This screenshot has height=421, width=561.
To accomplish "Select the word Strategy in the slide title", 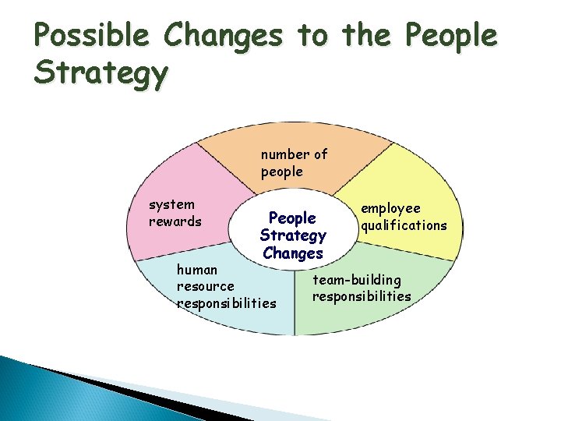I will pos(101,75).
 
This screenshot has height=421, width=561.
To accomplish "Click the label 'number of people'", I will pos(294,163).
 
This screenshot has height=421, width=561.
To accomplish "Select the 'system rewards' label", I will pos(175,213).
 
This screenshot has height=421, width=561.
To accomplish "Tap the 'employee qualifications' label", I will pos(403,217).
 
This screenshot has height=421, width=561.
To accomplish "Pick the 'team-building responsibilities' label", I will pos(362,288).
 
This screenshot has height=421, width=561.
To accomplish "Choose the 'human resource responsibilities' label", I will pos(226,286).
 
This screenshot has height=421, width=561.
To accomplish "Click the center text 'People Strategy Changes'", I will pos(293,235).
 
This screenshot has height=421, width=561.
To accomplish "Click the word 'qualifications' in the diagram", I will pos(403,225).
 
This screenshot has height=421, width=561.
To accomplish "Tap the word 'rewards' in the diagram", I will pos(175,221).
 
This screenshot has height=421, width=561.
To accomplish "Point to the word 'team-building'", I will pos(357,279).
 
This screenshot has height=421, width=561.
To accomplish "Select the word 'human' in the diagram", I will pos(197,270).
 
